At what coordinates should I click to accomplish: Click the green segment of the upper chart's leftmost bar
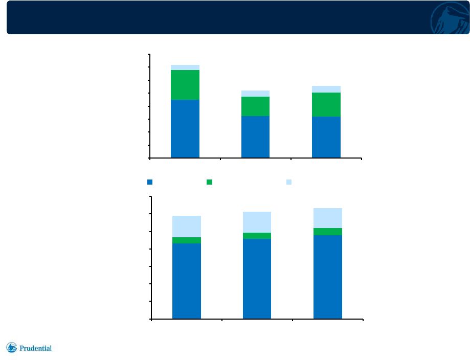click(x=185, y=85)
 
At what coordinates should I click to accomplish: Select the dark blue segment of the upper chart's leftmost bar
click(x=185, y=128)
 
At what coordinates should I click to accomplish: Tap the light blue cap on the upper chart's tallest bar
click(x=185, y=67)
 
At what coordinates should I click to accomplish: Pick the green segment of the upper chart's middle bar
click(x=255, y=106)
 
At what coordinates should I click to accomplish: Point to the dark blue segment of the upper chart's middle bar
click(x=255, y=137)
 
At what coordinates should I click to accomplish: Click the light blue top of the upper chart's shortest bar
click(x=255, y=94)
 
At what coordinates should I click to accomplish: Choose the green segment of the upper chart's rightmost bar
click(x=326, y=105)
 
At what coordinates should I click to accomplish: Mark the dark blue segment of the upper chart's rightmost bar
click(x=326, y=137)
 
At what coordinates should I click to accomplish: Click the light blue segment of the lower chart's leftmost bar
click(x=187, y=227)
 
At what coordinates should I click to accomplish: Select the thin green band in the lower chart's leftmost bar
click(x=187, y=240)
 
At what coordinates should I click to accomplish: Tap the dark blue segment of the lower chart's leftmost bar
click(x=187, y=281)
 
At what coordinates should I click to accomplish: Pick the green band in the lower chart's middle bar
click(x=257, y=236)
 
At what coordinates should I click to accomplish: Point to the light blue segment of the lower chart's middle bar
click(x=257, y=222)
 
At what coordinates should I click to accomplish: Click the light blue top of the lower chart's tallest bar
click(x=328, y=218)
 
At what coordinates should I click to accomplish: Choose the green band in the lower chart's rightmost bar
click(x=328, y=232)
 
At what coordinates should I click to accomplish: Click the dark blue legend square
click(x=150, y=182)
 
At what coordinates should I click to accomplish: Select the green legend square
click(x=210, y=182)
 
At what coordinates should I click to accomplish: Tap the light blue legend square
click(x=289, y=182)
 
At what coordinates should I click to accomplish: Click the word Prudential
click(x=35, y=348)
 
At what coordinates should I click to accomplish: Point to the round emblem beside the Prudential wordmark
click(x=11, y=347)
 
